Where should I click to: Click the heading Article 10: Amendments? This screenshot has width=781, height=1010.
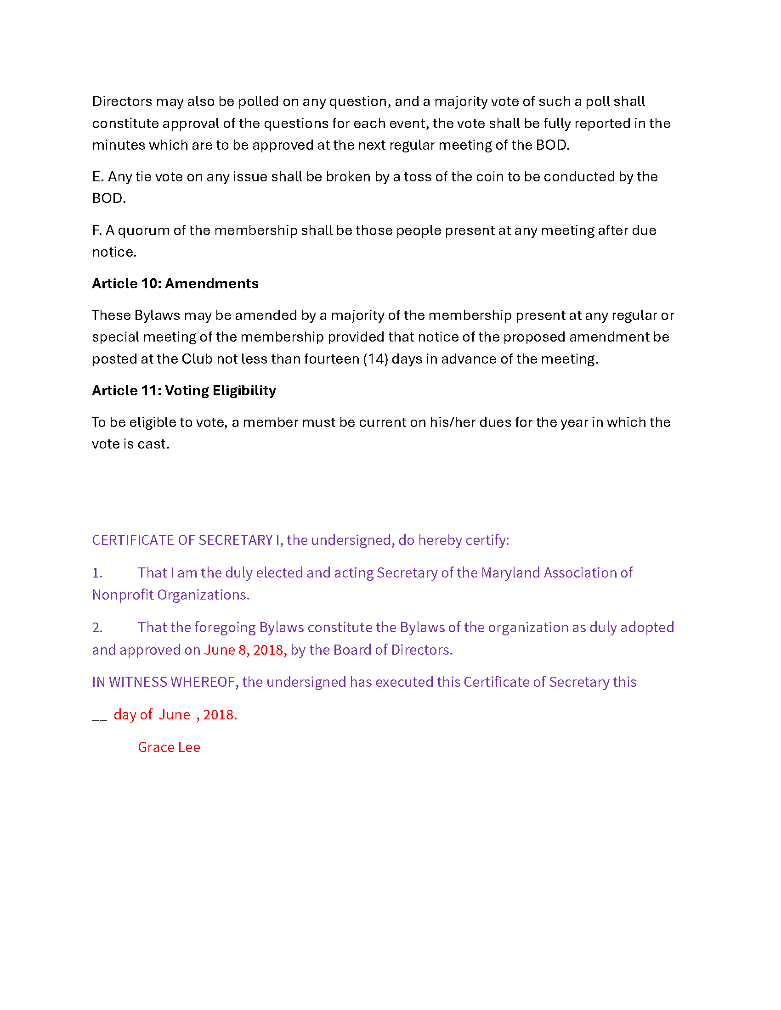point(175,283)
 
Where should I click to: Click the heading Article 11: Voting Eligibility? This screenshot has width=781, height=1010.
point(184,390)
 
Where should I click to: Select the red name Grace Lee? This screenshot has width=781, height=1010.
point(169,747)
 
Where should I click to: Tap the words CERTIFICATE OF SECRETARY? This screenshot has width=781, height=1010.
point(182,540)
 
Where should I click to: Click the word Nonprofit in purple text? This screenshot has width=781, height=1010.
point(123,595)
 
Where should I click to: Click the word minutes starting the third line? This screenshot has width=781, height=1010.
point(119,145)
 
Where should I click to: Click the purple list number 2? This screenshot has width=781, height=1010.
point(97,628)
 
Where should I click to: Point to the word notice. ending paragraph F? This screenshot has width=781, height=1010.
point(114,252)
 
